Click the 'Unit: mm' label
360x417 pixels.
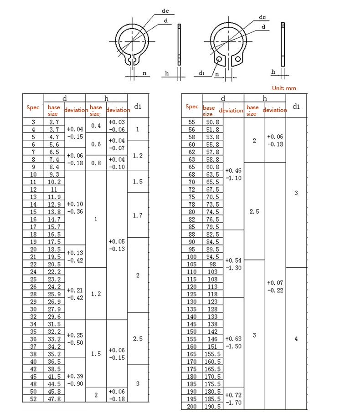click(x=284, y=88)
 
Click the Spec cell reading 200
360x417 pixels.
click(x=192, y=407)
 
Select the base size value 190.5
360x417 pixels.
click(x=212, y=407)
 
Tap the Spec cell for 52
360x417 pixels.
click(x=33, y=399)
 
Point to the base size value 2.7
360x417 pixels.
click(x=54, y=122)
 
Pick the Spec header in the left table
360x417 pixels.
click(x=33, y=107)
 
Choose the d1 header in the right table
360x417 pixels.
click(x=296, y=107)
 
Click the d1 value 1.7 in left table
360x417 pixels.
click(x=138, y=215)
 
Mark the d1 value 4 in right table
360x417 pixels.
click(x=296, y=339)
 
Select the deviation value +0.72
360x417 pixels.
click(x=233, y=395)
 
